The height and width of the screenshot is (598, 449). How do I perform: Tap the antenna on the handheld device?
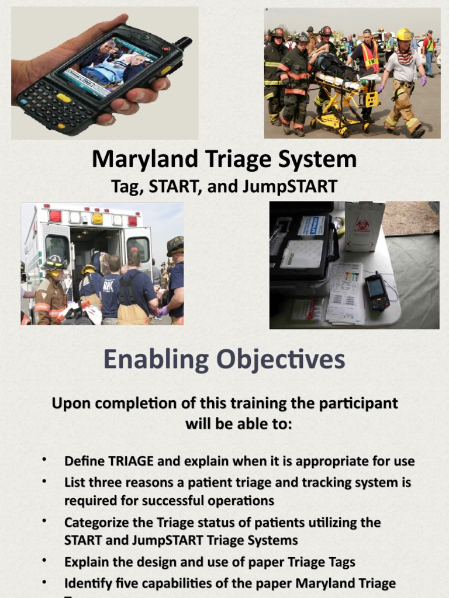coord(182,43)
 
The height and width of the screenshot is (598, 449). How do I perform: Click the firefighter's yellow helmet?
coord(404,34)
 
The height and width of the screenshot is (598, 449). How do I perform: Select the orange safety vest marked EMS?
coord(368,57)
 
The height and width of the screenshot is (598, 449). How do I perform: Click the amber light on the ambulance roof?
coord(97,217)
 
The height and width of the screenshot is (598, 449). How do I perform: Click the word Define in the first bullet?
coord(84,461)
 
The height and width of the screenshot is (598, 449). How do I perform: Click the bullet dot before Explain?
coord(44,561)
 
